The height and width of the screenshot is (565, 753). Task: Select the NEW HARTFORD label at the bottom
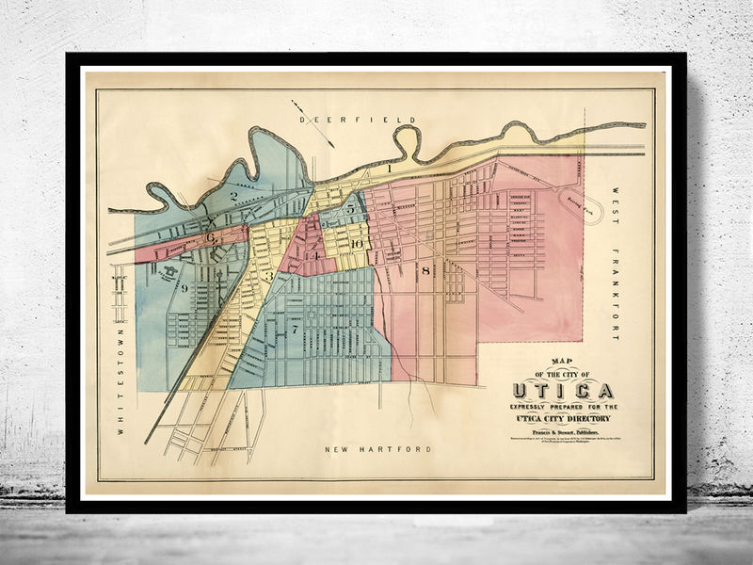[377, 450]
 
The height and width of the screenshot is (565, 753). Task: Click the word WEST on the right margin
[619, 202]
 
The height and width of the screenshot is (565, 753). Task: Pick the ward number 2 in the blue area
[232, 196]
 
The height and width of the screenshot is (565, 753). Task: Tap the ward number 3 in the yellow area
[268, 276]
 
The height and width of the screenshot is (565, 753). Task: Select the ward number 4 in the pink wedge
[317, 254]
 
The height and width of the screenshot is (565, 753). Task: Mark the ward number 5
[350, 209]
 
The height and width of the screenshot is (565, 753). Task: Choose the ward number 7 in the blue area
[294, 331]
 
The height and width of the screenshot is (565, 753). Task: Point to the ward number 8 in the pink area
[425, 271]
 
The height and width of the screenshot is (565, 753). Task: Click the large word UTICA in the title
[562, 390]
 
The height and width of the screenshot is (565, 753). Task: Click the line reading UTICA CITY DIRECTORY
[562, 417]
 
